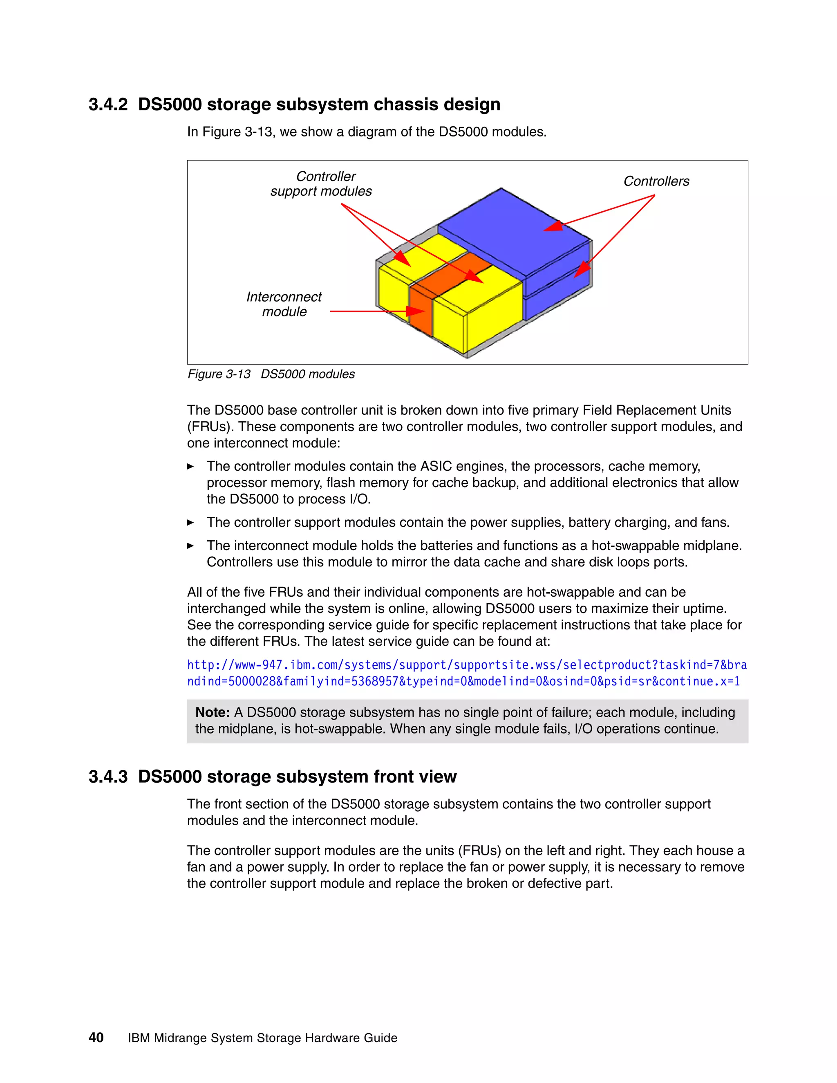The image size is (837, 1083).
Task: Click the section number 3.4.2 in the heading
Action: tap(107, 105)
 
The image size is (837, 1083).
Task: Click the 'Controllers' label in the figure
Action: tap(656, 181)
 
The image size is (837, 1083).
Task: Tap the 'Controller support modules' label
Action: tap(321, 184)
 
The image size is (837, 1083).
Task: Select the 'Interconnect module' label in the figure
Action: tap(284, 304)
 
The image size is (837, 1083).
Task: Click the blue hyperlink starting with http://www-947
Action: tap(466, 665)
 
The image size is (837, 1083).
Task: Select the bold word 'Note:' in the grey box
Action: tap(212, 713)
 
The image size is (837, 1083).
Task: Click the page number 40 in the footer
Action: tap(96, 1037)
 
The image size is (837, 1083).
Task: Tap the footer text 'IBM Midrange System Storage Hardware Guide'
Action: tap(262, 1038)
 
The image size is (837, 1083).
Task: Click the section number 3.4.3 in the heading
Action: tap(107, 776)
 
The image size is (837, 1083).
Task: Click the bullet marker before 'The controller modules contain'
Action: tap(190, 467)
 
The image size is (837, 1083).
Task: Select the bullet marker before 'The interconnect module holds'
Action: tap(190, 546)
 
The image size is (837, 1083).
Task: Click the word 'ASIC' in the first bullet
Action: tap(436, 466)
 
